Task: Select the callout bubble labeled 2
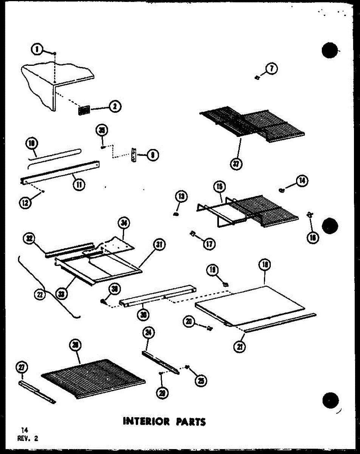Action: click(x=114, y=107)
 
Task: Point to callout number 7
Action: click(x=272, y=69)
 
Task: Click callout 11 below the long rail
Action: click(x=80, y=185)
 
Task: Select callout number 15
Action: click(x=219, y=186)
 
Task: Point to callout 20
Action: click(x=189, y=322)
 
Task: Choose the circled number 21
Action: click(x=238, y=346)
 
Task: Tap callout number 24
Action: click(x=149, y=333)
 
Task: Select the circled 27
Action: click(x=22, y=367)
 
